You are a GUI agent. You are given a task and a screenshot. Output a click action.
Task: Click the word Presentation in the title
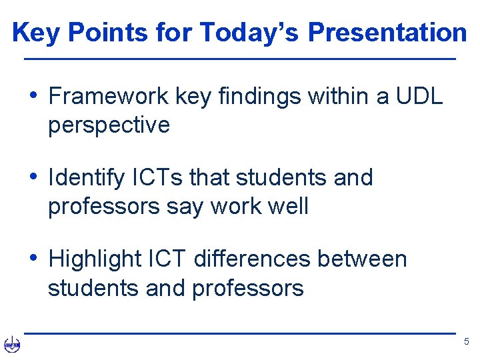(x=387, y=32)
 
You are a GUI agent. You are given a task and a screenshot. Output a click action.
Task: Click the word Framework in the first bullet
(x=109, y=97)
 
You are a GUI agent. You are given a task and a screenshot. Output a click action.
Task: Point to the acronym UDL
(x=417, y=97)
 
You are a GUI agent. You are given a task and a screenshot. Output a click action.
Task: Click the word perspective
(x=109, y=125)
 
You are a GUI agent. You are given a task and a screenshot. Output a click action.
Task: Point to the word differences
(x=252, y=259)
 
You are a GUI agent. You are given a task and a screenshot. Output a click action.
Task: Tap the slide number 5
(x=466, y=342)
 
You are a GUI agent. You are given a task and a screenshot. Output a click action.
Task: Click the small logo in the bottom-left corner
(x=12, y=344)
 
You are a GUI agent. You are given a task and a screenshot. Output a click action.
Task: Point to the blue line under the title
(x=240, y=60)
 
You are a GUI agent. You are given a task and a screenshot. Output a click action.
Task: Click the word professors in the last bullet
(x=247, y=288)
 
